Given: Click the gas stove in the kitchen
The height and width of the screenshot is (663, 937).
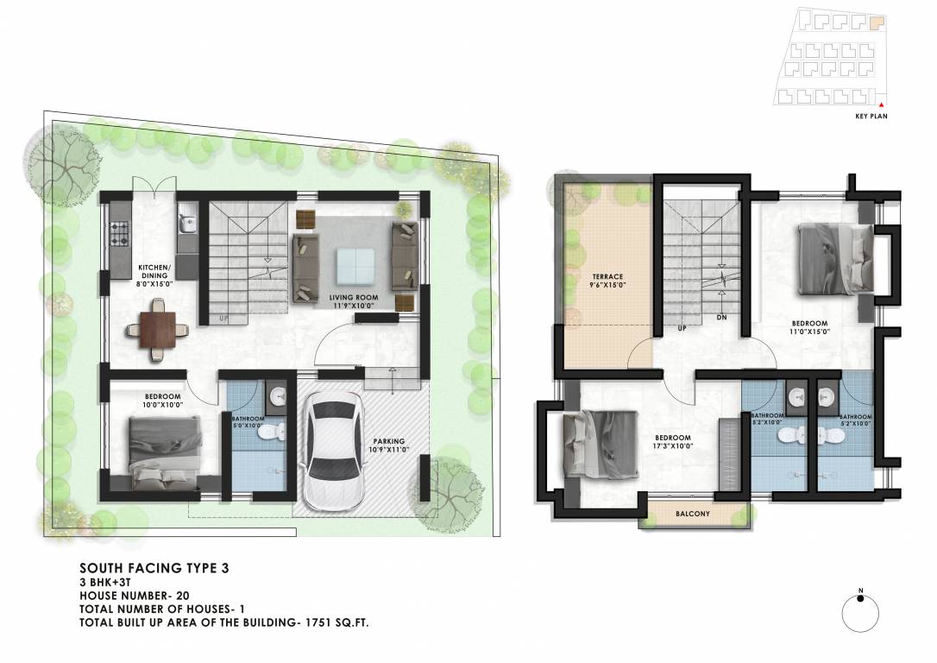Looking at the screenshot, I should pyautogui.click(x=118, y=231).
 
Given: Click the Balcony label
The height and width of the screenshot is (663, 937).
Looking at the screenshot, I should pyautogui.click(x=692, y=515).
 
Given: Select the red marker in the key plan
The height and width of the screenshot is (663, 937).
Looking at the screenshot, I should pyautogui.click(x=883, y=104).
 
